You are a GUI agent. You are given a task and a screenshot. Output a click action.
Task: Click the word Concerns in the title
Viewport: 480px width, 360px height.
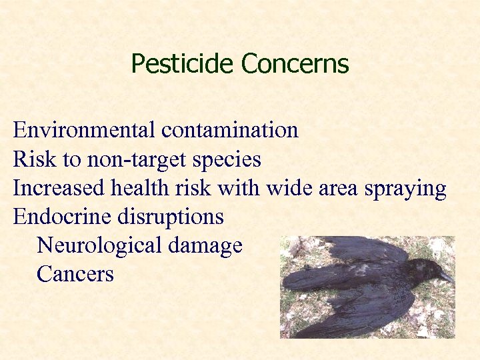295,64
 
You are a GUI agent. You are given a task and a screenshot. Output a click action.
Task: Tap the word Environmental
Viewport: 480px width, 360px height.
84,129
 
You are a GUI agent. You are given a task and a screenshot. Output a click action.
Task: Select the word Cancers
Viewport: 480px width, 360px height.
75,274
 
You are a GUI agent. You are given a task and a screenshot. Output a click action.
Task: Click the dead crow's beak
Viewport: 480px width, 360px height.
445,276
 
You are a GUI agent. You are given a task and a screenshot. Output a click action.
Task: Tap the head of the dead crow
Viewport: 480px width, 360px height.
425,270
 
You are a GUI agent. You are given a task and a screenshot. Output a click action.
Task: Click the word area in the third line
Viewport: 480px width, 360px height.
340,189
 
